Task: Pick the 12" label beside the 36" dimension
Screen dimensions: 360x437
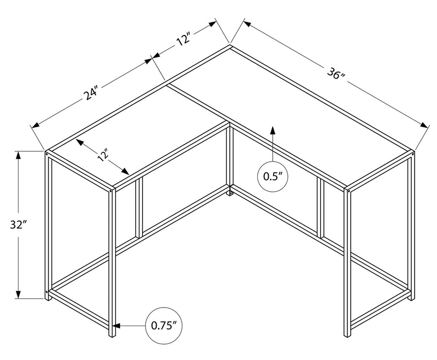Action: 184,39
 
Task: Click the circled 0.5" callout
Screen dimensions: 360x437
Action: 271,176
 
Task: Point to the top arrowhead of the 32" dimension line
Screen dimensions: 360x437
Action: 20,155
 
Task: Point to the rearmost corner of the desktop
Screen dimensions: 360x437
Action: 230,46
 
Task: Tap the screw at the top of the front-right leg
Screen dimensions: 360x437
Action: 347,191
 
